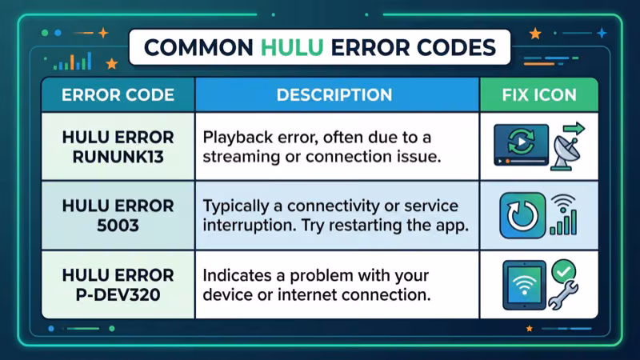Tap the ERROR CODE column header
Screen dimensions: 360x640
118,94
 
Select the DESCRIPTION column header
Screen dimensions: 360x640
334,94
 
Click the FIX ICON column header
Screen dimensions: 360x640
538,94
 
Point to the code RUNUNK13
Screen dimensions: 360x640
118,156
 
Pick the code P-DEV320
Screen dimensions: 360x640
118,294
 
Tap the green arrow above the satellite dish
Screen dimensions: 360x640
573,128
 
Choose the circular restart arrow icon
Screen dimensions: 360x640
522,214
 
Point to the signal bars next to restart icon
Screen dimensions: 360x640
564,220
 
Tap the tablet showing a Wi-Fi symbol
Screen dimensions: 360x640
523,284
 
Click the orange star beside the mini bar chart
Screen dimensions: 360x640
111,63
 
